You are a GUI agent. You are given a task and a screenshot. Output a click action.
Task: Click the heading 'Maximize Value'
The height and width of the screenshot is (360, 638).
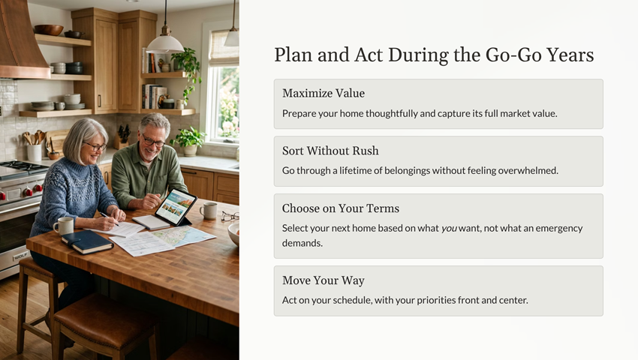tap(324, 93)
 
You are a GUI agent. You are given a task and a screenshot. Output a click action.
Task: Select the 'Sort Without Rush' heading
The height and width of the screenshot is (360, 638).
tap(330, 151)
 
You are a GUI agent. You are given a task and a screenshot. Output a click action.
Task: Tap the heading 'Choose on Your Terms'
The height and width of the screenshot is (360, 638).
tap(341, 208)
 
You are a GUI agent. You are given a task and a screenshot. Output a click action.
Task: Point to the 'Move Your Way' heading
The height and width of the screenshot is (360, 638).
tap(324, 280)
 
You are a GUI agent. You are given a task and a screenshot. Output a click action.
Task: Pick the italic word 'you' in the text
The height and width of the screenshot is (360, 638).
tap(449, 229)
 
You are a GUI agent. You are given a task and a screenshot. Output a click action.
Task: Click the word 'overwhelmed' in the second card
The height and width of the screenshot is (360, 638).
tap(528, 170)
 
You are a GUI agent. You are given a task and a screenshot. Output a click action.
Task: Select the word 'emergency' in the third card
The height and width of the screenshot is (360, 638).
tap(559, 229)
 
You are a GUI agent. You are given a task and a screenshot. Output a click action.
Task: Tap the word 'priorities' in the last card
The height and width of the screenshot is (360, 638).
tap(436, 300)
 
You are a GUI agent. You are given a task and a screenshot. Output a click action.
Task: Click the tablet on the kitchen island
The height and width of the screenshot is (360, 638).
tap(176, 208)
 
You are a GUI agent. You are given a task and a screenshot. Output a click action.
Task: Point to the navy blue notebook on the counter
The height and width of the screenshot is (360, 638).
tap(87, 241)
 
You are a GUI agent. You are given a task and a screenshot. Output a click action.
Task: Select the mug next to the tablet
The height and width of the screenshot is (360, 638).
tap(209, 211)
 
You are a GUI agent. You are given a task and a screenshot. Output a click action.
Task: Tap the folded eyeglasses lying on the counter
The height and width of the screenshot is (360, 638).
tap(230, 217)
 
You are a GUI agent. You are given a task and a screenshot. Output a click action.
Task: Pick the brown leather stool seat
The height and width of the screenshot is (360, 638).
tap(106, 315)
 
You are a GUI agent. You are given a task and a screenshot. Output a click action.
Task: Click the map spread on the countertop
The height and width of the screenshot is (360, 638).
tap(183, 236)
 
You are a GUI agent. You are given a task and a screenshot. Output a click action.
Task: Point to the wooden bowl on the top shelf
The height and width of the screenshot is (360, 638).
tap(49, 30)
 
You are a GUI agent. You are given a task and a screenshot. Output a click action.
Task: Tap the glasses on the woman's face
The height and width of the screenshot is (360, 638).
tap(95, 146)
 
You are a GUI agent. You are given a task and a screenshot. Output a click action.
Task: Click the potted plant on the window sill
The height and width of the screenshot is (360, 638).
tap(189, 142)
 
